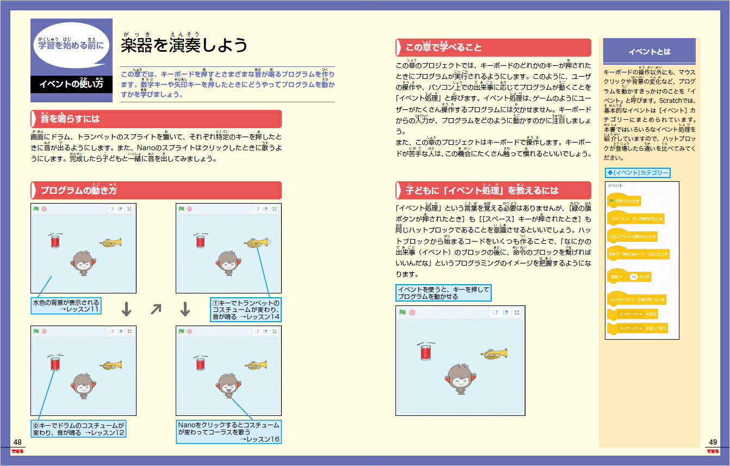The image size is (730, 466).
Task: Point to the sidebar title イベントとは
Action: point(649,52)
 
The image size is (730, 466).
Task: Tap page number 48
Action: point(17,442)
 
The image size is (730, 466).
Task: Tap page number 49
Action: point(713,442)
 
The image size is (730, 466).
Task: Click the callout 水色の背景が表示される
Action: point(66,305)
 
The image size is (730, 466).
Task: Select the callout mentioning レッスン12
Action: point(78,428)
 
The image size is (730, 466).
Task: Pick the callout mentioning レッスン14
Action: point(246,309)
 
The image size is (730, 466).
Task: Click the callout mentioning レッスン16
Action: point(228,432)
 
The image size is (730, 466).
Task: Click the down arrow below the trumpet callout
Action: point(185,309)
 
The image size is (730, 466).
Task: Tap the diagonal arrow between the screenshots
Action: point(156,309)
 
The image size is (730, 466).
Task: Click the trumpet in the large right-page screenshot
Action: point(494,353)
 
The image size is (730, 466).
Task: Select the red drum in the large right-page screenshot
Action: point(426,352)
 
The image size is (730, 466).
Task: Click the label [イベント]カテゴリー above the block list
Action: point(638,173)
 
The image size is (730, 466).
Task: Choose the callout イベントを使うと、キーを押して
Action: point(443,293)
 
